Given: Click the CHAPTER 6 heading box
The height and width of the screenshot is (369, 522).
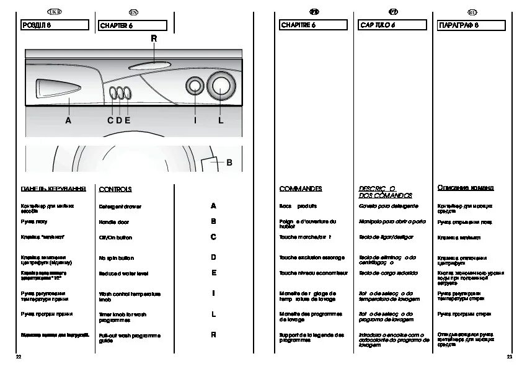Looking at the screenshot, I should pos(133,25).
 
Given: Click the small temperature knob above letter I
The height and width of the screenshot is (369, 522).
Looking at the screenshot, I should pos(195,87).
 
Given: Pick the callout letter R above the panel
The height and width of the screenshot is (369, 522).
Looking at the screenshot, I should pos(154,39).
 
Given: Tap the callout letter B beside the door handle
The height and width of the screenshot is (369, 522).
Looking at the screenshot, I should pos(229,163).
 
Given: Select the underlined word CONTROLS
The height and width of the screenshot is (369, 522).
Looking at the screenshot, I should pos(115,189).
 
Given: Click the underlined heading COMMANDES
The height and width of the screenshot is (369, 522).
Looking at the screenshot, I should pos(301,189).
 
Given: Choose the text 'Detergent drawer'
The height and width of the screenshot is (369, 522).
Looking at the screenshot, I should pos(120,206).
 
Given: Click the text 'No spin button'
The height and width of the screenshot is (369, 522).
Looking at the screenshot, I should pos(117,257).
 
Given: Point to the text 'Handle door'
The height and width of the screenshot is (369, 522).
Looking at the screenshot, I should pos(114,222).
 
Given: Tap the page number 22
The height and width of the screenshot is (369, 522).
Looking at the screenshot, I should pos(19,358).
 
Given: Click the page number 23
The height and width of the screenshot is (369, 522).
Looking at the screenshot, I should pos(509,358).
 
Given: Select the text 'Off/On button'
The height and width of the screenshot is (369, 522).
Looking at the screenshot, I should pos(116,238).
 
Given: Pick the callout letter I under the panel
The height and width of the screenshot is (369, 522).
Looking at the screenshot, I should pos(195,120).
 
